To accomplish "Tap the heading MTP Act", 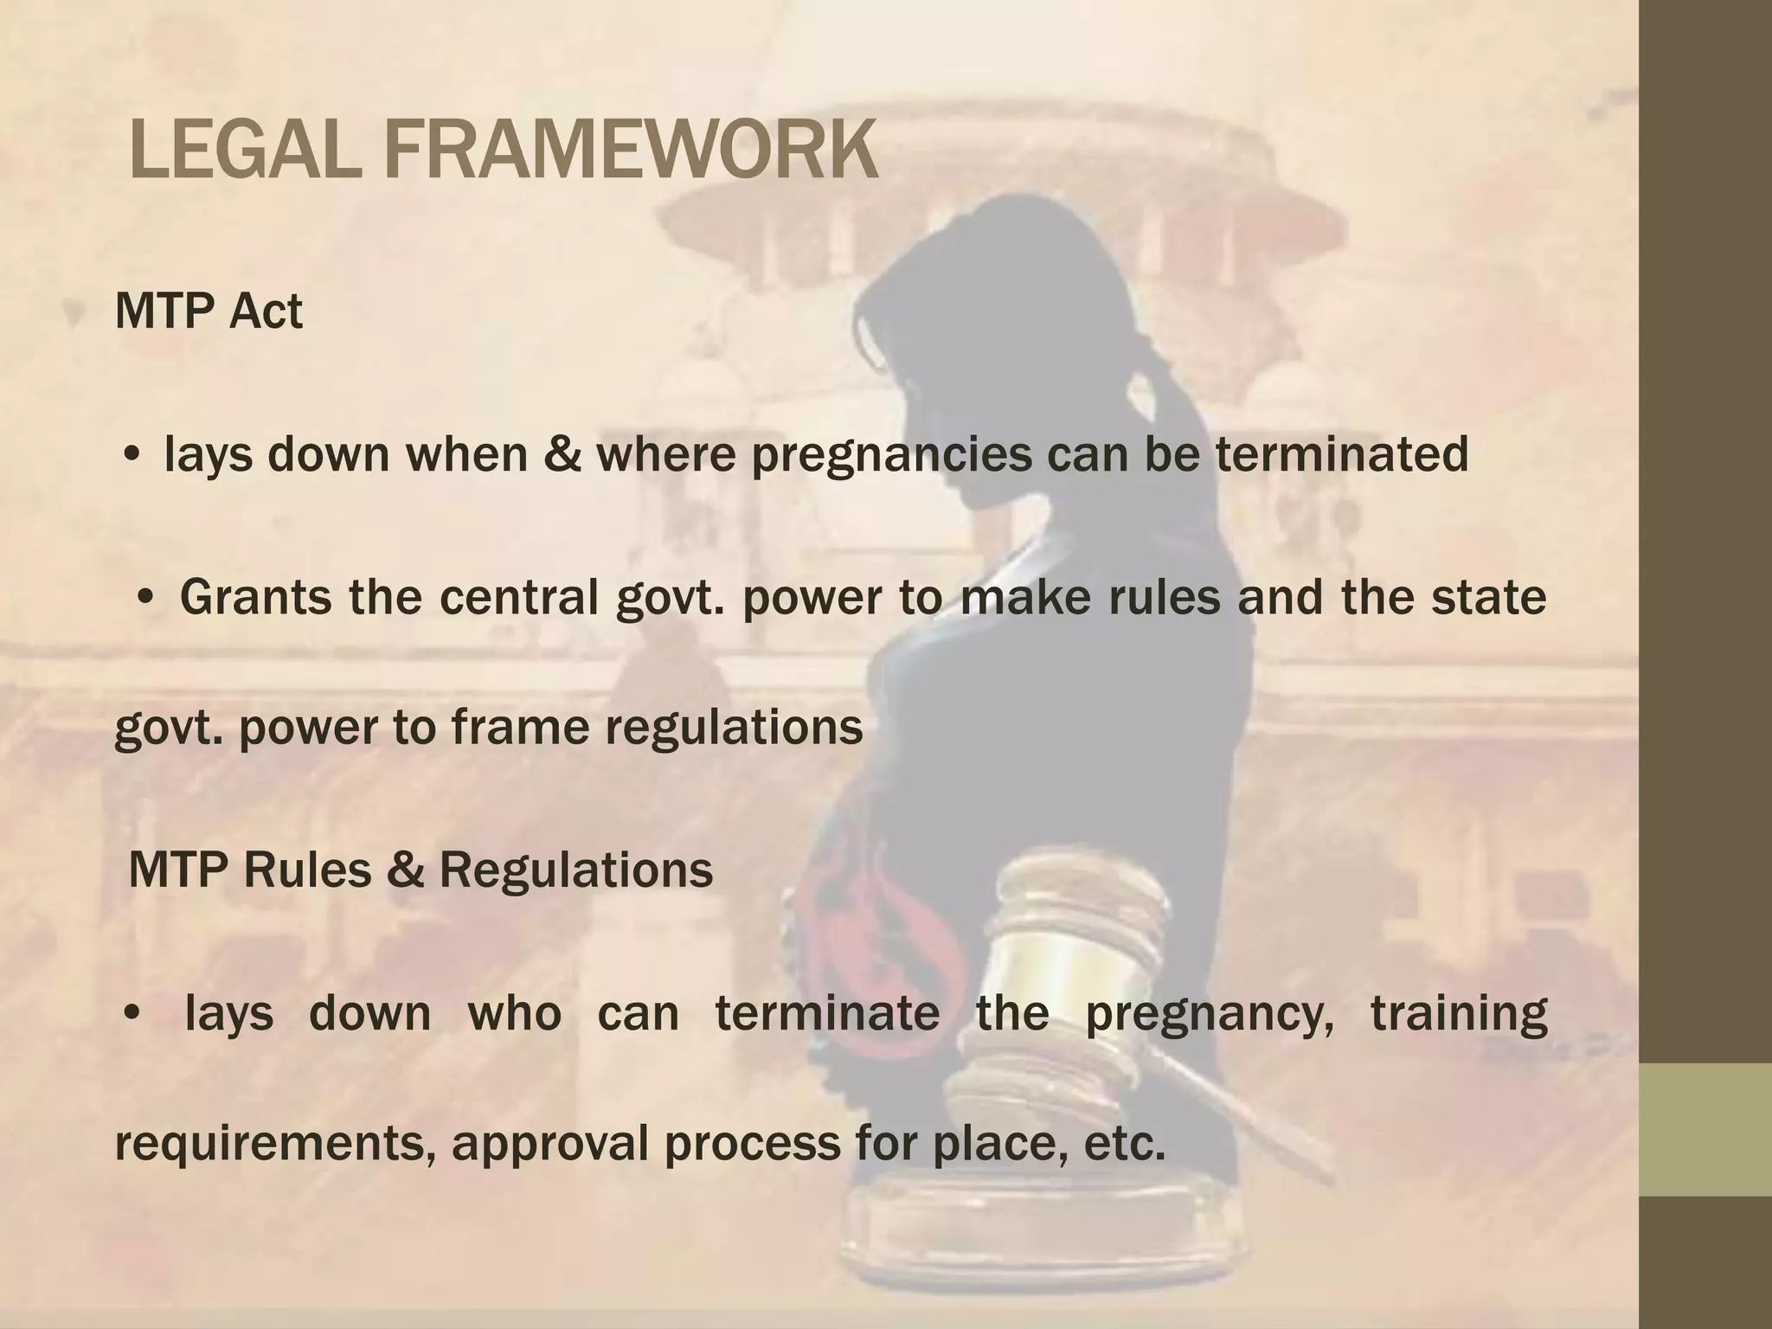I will click(209, 311).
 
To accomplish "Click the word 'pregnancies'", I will click(891, 455).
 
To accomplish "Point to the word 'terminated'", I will click(1341, 453).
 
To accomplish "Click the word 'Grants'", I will click(255, 597).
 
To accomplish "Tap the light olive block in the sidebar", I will click(1705, 1129).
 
